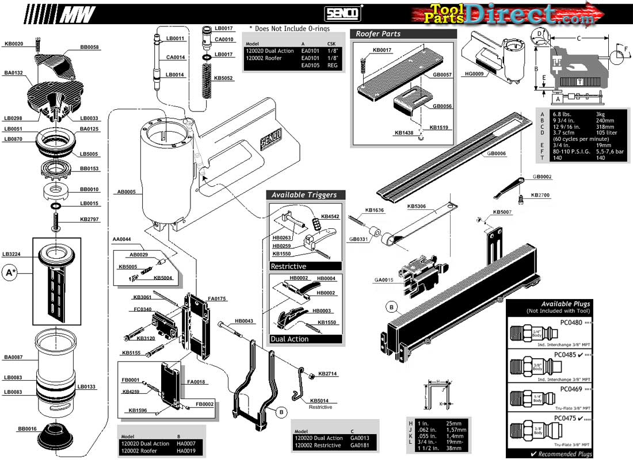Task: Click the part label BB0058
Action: point(89,47)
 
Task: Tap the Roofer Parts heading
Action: point(378,34)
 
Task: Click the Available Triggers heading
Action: point(304,195)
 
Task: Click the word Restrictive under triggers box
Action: point(288,266)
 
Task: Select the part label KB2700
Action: point(540,195)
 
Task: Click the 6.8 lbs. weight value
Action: point(563,114)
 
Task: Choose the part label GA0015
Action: point(383,280)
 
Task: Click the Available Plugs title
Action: point(565,304)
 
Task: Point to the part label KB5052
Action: point(223,78)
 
